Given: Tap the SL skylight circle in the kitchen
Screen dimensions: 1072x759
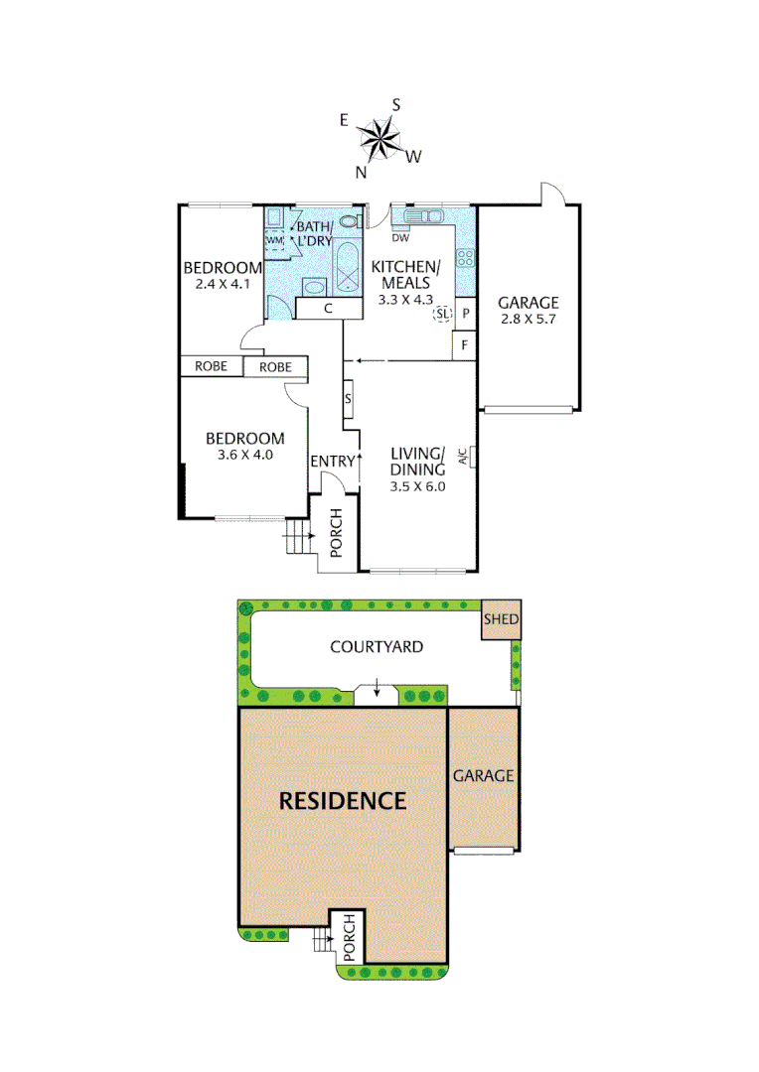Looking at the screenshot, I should point(442,315).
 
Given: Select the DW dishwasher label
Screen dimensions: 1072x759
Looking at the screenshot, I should point(399,238).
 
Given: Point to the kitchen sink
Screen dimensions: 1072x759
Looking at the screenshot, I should point(423,215).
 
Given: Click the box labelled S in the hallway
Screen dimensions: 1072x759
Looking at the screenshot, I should point(349,399).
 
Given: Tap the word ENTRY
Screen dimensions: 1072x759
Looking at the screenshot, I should point(332,462).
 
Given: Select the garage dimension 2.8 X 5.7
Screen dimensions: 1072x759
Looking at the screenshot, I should point(528,320).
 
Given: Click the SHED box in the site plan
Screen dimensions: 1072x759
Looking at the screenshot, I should point(500,620).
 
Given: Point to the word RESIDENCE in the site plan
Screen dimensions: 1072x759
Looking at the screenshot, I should point(342,801).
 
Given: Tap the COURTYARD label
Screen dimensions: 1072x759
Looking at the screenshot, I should point(377,647).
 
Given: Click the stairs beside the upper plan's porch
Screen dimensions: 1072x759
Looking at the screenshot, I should point(297,542).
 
